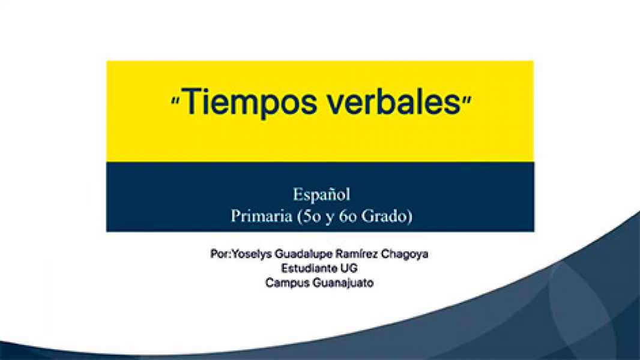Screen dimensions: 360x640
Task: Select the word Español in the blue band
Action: coord(321,195)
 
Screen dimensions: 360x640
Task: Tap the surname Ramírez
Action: coord(361,254)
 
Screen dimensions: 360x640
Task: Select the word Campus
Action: coord(287,283)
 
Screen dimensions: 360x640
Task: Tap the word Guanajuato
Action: coord(343,283)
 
